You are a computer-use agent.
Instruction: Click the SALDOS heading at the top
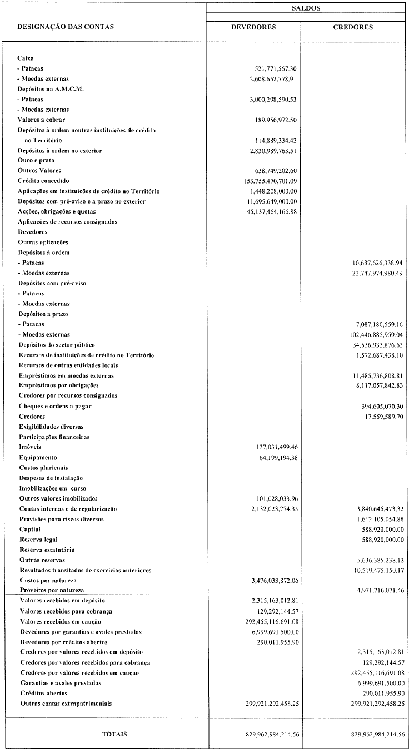306,8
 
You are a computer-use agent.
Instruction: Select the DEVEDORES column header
253,27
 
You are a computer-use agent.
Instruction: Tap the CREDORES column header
353,27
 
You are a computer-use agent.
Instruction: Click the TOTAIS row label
114,734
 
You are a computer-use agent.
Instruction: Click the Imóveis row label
30,447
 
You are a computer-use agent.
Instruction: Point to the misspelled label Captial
31,529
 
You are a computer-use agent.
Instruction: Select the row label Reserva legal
38,539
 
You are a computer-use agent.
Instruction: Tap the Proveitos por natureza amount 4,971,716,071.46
373,590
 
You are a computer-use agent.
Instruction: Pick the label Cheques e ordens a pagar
55,406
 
